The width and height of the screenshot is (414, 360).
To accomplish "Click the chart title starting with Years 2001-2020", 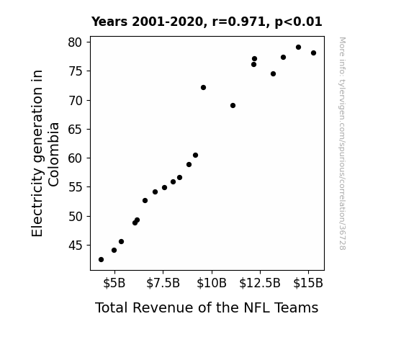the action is tap(207, 22).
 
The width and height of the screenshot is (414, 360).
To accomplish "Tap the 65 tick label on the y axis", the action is tap(76, 130).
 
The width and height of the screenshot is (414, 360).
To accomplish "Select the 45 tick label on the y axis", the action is tap(76, 246).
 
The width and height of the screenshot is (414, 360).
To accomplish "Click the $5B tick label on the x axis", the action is tap(114, 283).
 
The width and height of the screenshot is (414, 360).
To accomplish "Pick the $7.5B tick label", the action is tap(163, 283).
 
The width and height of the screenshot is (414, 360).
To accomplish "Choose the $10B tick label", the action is tap(212, 283).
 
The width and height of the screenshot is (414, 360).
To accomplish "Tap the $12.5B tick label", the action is tap(260, 283).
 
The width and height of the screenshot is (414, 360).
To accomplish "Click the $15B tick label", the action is tap(308, 283).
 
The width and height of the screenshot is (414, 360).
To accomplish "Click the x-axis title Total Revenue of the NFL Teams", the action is tap(207, 307).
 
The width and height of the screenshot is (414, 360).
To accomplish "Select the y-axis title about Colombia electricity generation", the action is tap(45, 153).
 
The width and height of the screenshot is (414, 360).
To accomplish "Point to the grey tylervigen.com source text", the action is tap(342, 143).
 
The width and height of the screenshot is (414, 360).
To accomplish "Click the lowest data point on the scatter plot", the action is tap(101, 260).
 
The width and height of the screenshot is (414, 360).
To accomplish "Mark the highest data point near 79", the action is tap(298, 48).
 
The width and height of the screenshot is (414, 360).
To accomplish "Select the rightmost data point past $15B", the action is tap(313, 53).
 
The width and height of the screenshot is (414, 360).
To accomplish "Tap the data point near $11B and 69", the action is tap(233, 106).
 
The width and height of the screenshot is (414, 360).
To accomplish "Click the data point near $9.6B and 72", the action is tap(203, 87).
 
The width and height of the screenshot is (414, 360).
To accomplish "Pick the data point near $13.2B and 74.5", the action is tap(274, 74).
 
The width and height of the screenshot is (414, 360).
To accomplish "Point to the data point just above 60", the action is tap(195, 156).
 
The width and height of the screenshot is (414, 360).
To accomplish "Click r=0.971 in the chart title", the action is tap(239, 22).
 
